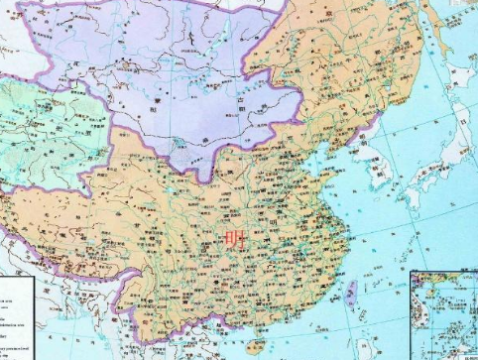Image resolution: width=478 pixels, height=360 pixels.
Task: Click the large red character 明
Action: pos(235,239)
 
